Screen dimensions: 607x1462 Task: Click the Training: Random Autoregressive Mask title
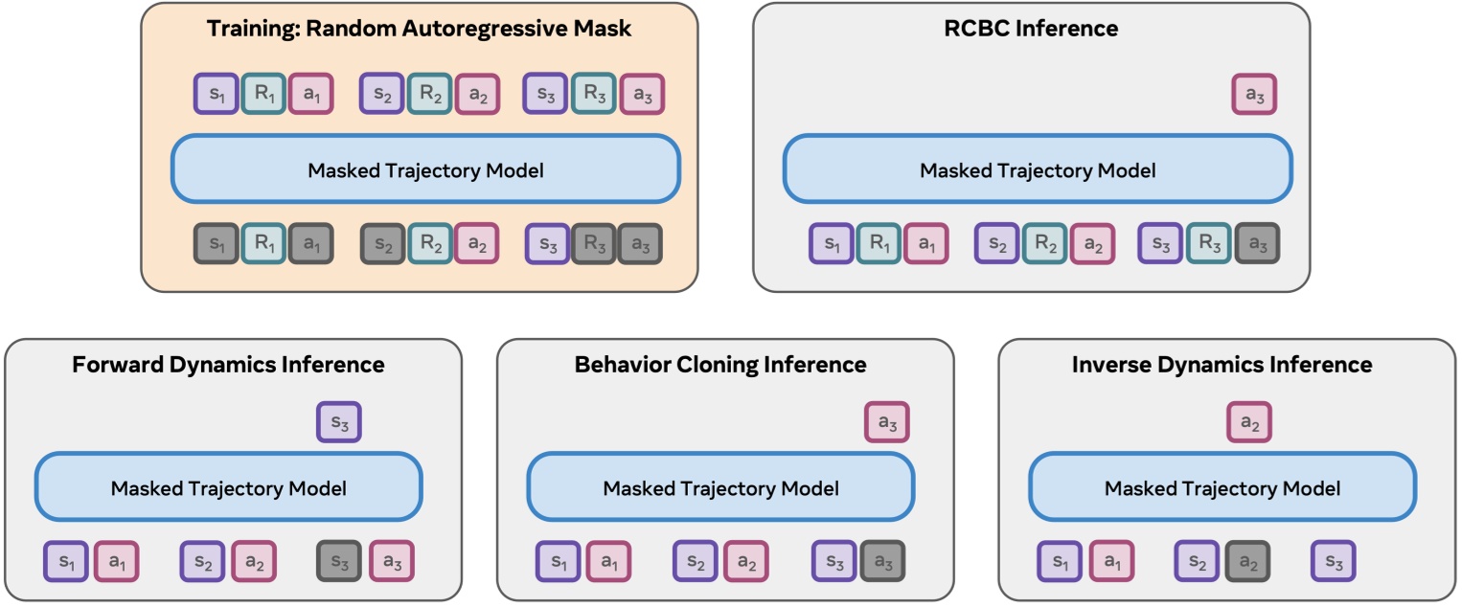[x=419, y=28]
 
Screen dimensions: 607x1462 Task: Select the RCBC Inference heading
[x=1031, y=28]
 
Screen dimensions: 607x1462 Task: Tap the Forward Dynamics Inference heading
[x=228, y=365]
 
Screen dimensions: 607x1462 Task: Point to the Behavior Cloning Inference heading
[x=720, y=365]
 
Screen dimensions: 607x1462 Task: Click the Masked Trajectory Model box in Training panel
[x=425, y=170]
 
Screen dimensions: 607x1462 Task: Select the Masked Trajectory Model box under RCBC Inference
[x=1038, y=170]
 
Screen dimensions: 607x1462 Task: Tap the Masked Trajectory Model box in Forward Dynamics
[x=229, y=488]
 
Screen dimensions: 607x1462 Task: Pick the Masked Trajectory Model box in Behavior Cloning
[x=720, y=488]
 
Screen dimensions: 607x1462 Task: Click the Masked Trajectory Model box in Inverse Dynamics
[x=1222, y=488]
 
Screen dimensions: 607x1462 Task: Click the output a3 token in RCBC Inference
[x=1254, y=95]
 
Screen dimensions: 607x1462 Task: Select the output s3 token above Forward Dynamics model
[x=339, y=422]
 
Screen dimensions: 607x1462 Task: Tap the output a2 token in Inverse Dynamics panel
[x=1249, y=422]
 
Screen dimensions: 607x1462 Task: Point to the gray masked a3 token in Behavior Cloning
[x=882, y=560]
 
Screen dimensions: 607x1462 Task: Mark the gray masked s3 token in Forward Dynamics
[x=339, y=560]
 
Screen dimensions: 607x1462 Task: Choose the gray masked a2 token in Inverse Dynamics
[x=1247, y=560]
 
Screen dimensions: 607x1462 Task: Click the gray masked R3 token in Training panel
[x=594, y=245]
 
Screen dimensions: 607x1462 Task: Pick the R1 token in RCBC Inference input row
[x=879, y=244]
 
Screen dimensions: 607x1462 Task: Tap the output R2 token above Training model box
[x=429, y=95]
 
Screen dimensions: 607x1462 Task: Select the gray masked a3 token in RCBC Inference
[x=1257, y=244]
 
